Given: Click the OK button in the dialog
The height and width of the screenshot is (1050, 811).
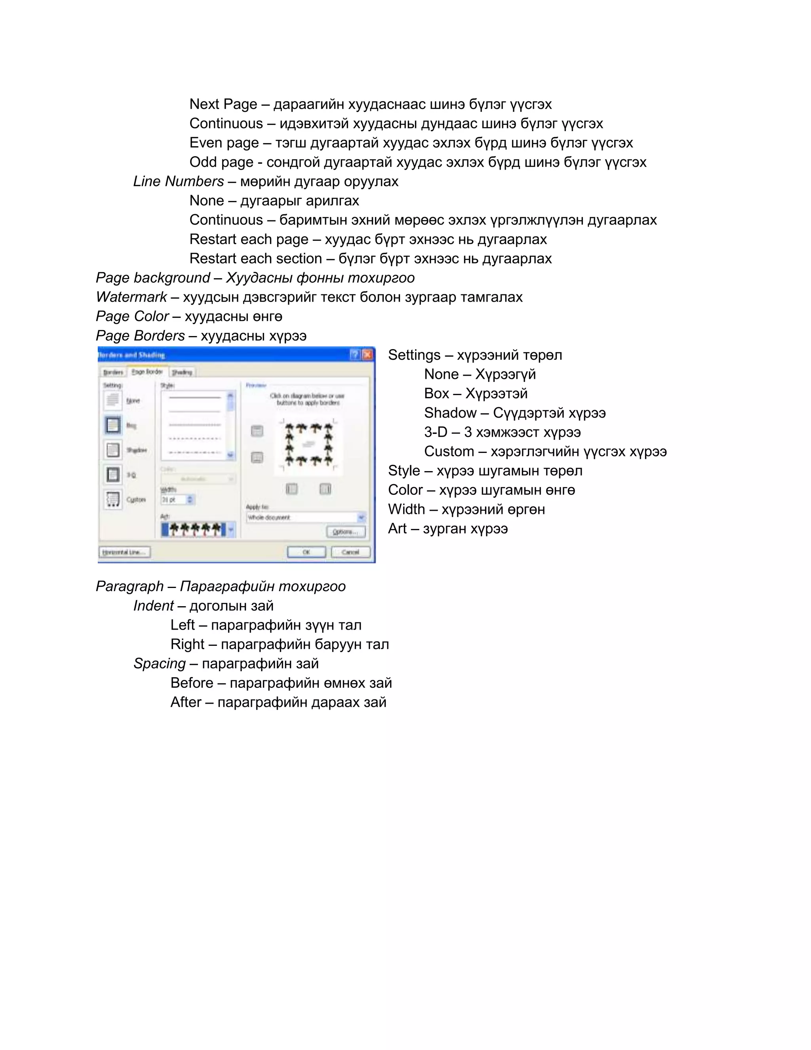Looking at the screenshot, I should click(x=306, y=552).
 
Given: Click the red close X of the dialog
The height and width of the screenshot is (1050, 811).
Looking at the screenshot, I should click(x=367, y=355).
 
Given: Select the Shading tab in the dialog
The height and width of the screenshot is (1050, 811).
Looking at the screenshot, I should click(x=182, y=372).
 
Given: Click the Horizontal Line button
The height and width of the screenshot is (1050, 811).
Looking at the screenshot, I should click(x=124, y=552).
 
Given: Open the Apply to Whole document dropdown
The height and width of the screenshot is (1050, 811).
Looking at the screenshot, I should click(x=361, y=517).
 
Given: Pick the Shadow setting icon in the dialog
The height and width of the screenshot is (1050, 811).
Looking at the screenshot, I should click(x=113, y=450).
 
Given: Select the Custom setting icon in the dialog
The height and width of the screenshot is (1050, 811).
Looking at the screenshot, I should click(x=113, y=500).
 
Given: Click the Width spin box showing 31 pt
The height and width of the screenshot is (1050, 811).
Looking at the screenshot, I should click(x=177, y=500).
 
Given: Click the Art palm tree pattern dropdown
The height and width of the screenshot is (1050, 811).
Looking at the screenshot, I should click(x=231, y=530).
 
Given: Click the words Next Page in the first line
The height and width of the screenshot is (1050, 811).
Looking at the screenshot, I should click(x=223, y=104).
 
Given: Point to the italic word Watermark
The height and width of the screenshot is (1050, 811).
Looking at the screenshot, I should click(x=131, y=297).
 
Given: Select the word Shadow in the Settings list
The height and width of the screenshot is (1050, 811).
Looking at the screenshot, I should click(x=450, y=413).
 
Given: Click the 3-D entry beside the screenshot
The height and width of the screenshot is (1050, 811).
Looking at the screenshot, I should click(x=435, y=432).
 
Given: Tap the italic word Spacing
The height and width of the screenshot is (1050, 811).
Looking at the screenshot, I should click(x=159, y=663).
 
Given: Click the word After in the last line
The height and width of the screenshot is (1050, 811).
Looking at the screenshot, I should click(x=185, y=703).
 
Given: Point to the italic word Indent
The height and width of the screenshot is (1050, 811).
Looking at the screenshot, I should click(x=153, y=606).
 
